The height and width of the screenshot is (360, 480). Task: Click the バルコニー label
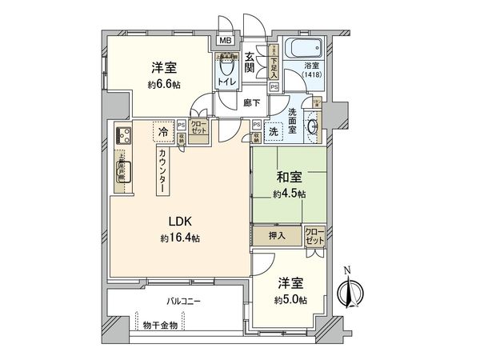tap(185, 302)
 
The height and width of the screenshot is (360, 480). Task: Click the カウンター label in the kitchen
tap(162, 170)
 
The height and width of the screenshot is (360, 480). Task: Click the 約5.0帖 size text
tap(290, 300)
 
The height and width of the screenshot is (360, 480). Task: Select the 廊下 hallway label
tap(249, 104)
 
